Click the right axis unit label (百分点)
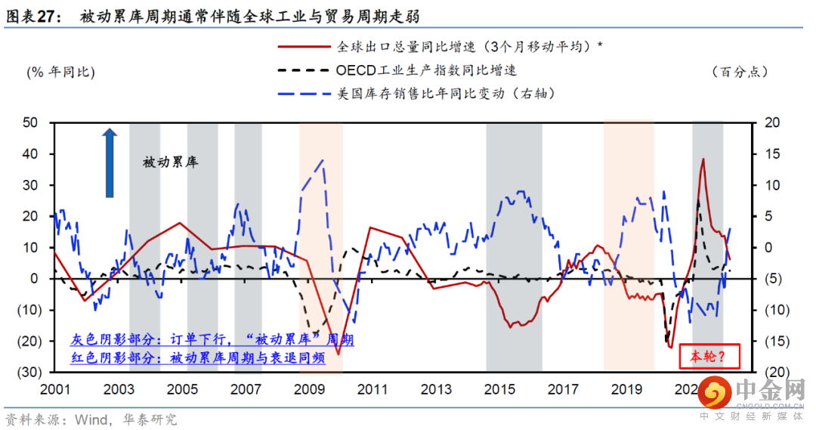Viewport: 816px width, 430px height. (740, 72)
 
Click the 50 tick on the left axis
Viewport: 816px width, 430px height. (29, 122)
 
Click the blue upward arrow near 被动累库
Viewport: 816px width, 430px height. (110, 162)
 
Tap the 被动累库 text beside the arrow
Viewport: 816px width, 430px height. (170, 162)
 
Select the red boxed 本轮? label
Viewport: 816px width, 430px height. (708, 357)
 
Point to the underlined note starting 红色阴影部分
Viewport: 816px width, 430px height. (198, 357)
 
